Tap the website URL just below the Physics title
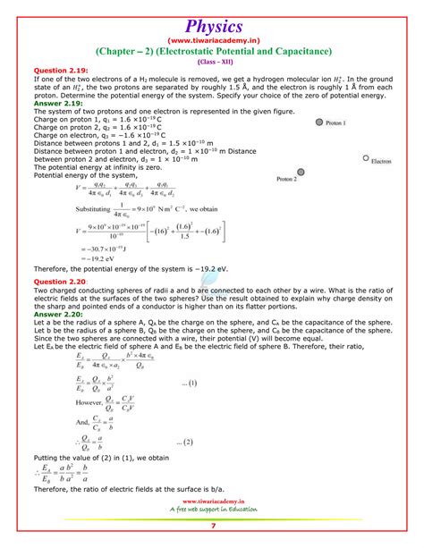(x=211, y=40)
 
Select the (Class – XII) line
(x=211, y=62)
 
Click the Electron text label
(x=382, y=164)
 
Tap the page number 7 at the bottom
(x=212, y=538)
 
